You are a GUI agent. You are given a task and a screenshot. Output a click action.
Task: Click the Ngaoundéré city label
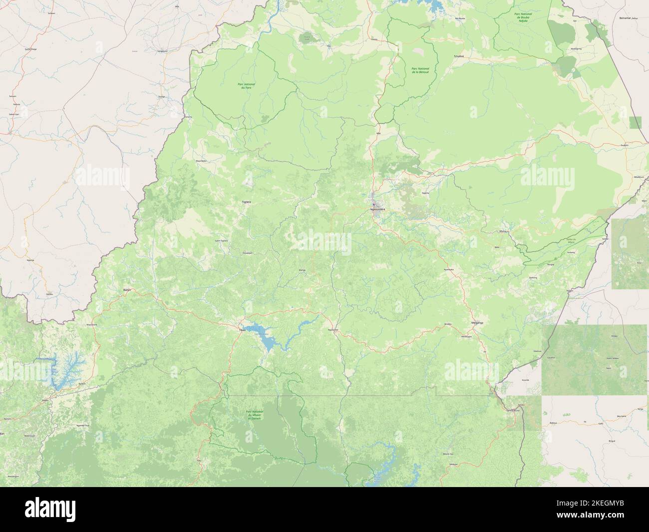(378, 209)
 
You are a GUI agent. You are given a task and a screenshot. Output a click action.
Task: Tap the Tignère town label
(246, 201)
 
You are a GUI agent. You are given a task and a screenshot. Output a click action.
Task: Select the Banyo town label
(126, 289)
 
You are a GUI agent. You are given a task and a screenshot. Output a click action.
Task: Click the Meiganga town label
(477, 323)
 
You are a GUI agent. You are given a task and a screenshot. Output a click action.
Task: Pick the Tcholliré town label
(459, 56)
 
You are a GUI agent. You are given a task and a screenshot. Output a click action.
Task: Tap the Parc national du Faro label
(244, 86)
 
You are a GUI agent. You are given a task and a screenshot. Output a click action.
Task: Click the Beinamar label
(628, 17)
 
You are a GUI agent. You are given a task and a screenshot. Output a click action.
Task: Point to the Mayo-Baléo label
(201, 161)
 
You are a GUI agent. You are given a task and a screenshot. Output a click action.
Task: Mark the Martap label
(302, 270)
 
